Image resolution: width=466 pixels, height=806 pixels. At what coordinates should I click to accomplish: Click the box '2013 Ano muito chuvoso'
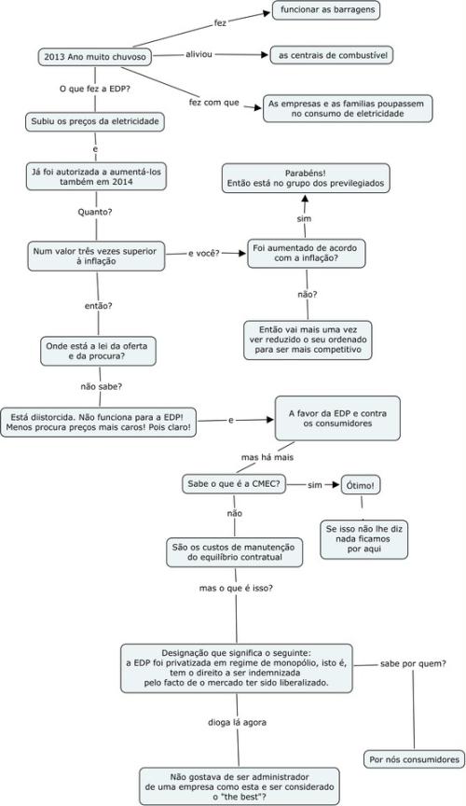[95, 57]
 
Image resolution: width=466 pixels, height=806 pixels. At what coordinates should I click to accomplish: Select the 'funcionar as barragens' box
[326, 10]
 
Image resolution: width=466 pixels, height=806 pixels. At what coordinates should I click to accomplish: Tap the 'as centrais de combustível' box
[332, 55]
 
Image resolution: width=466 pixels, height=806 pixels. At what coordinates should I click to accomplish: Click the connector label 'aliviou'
[199, 54]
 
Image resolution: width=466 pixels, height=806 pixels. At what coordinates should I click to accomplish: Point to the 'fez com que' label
[214, 103]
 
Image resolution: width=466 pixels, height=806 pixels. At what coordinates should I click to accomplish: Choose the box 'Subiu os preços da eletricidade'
[95, 122]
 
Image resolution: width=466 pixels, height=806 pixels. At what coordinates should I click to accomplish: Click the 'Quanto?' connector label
[95, 212]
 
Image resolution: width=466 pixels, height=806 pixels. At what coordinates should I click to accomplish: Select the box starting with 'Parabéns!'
[306, 178]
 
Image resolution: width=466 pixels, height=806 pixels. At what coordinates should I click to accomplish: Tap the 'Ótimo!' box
[361, 485]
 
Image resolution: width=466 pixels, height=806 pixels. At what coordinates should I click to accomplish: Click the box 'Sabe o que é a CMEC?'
[234, 484]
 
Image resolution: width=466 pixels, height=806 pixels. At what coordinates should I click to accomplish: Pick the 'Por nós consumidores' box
[414, 759]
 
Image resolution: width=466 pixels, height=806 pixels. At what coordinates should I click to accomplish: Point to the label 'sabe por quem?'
[413, 663]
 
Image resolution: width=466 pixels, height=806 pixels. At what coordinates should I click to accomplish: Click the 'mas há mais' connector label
[267, 457]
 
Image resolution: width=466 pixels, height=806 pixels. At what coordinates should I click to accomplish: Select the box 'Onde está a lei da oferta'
[98, 351]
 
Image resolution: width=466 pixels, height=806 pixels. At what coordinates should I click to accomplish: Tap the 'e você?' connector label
[204, 254]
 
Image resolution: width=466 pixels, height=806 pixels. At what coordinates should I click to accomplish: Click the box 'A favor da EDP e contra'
[337, 419]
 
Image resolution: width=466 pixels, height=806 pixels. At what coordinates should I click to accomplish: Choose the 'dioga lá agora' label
[238, 722]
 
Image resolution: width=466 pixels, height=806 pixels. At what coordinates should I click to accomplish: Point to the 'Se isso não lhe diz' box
[363, 539]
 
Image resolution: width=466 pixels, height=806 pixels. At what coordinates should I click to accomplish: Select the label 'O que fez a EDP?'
[94, 89]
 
